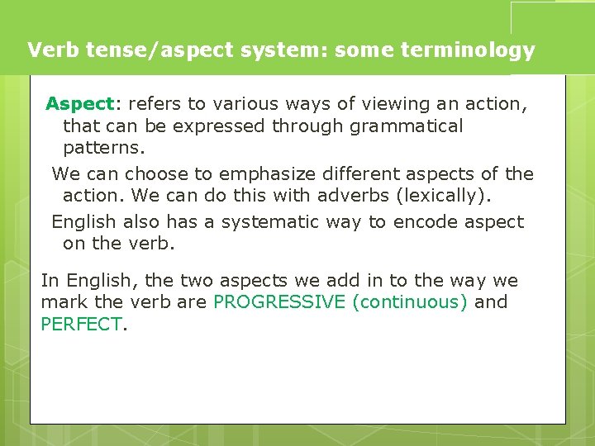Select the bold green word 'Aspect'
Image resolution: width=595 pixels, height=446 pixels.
click(79, 104)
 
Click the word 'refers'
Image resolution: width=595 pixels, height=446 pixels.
click(155, 104)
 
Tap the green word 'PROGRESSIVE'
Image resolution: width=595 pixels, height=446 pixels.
click(278, 302)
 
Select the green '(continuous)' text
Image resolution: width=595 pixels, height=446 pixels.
click(410, 302)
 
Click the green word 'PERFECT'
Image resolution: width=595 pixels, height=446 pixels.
click(81, 325)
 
